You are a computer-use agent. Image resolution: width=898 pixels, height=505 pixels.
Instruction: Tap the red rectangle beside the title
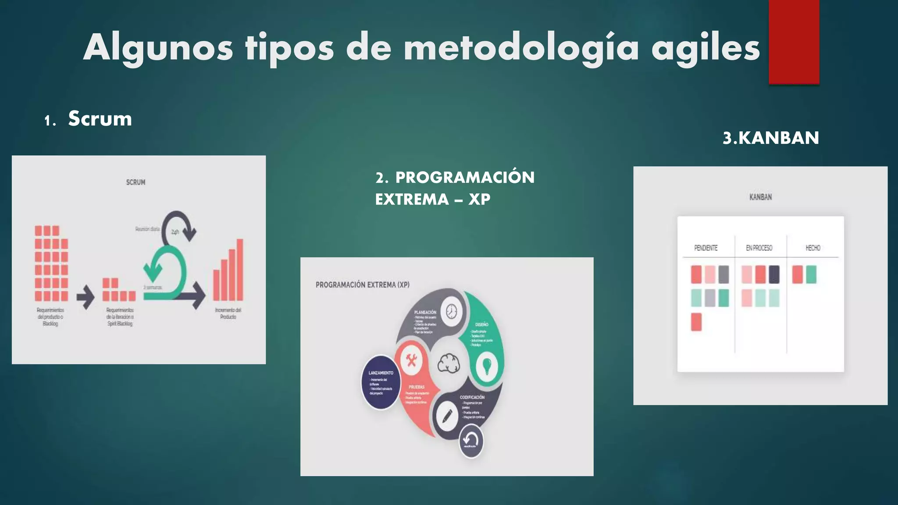(x=794, y=42)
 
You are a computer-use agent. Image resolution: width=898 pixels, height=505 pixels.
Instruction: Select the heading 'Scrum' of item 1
(x=100, y=119)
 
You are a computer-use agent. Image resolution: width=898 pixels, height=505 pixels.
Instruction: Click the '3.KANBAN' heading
(x=770, y=138)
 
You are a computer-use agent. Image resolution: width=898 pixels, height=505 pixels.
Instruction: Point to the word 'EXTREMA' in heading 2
(x=412, y=199)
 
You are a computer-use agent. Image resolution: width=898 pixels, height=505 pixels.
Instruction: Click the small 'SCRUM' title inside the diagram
(x=135, y=182)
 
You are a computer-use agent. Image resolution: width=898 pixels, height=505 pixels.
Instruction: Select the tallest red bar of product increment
(x=240, y=270)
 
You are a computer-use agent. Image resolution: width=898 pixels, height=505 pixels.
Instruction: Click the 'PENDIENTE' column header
(x=706, y=248)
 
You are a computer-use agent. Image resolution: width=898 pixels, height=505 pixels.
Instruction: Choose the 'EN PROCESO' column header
(x=759, y=248)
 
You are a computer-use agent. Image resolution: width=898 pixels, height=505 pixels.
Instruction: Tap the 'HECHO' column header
(x=812, y=248)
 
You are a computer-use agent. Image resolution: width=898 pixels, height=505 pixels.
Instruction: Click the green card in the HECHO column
(x=811, y=275)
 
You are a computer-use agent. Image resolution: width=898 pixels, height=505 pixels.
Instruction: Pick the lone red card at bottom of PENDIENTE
(x=696, y=322)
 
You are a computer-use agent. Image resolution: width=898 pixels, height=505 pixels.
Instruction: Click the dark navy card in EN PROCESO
(x=774, y=275)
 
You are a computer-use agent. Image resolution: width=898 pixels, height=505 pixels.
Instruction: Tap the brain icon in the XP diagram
(x=449, y=363)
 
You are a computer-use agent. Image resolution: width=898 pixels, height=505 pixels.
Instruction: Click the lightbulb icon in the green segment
(x=486, y=366)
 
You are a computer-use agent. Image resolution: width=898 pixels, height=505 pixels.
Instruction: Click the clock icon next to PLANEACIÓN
(x=451, y=312)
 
